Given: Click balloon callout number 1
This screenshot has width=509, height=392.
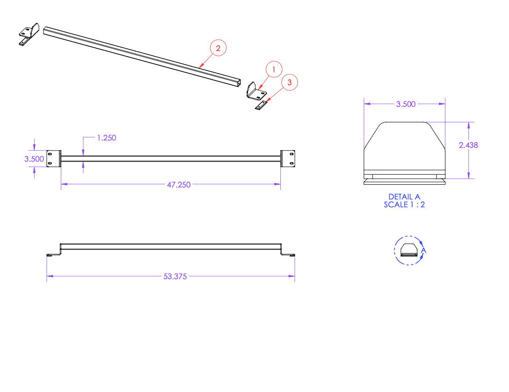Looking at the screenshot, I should [274, 70].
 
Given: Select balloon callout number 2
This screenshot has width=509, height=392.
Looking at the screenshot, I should [219, 47].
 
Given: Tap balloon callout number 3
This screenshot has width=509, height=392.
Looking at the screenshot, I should [290, 82].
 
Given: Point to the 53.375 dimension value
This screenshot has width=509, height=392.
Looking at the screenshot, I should [175, 276].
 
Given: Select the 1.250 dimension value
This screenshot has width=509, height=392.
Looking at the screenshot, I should [106, 137].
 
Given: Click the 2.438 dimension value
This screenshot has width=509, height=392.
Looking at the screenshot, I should [468, 145].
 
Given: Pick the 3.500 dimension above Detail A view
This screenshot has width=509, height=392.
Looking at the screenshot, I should [406, 104].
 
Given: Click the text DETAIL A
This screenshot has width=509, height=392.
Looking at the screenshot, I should [404, 197].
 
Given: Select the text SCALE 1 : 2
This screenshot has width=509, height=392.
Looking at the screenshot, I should [404, 205].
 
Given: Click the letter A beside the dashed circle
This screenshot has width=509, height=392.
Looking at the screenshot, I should [424, 251].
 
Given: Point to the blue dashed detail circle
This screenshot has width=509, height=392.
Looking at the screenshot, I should [395, 251].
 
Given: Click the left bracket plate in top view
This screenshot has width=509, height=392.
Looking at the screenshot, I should [54, 158].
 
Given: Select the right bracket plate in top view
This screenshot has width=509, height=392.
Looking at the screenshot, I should [288, 158].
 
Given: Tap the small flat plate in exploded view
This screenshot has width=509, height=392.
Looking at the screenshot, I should [261, 106].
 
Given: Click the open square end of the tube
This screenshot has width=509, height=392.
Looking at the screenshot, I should [237, 82].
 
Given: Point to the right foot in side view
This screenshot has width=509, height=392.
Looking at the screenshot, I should [289, 254].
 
